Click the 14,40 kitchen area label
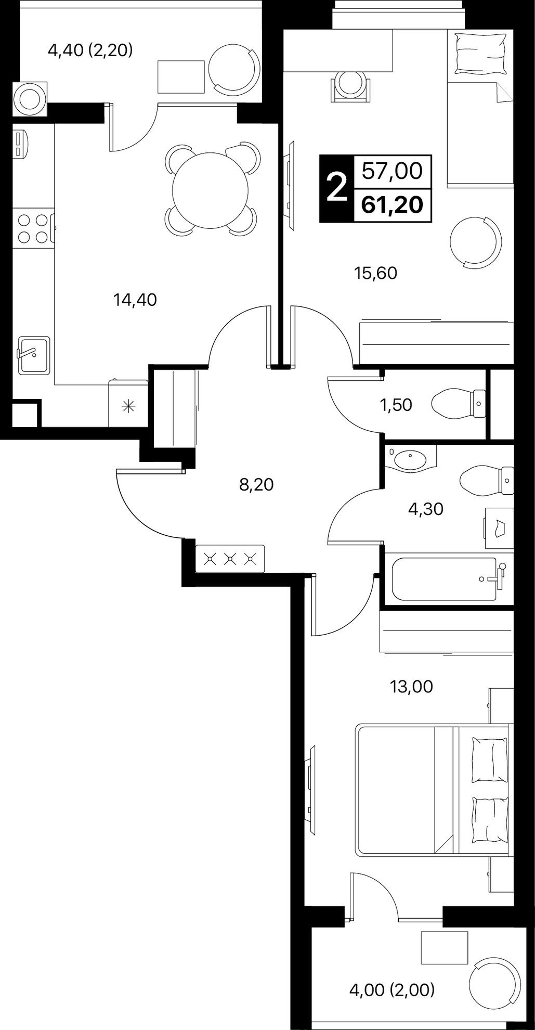[x=135, y=300]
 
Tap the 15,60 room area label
[x=375, y=273]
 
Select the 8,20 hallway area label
[x=256, y=485]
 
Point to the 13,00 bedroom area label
[x=411, y=687]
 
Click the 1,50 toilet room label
[x=396, y=405]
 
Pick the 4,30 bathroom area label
[x=426, y=509]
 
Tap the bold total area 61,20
[x=392, y=204]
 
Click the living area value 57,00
[x=392, y=171]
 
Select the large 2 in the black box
[x=336, y=188]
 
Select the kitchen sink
[x=34, y=355]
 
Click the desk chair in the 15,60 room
[x=351, y=83]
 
